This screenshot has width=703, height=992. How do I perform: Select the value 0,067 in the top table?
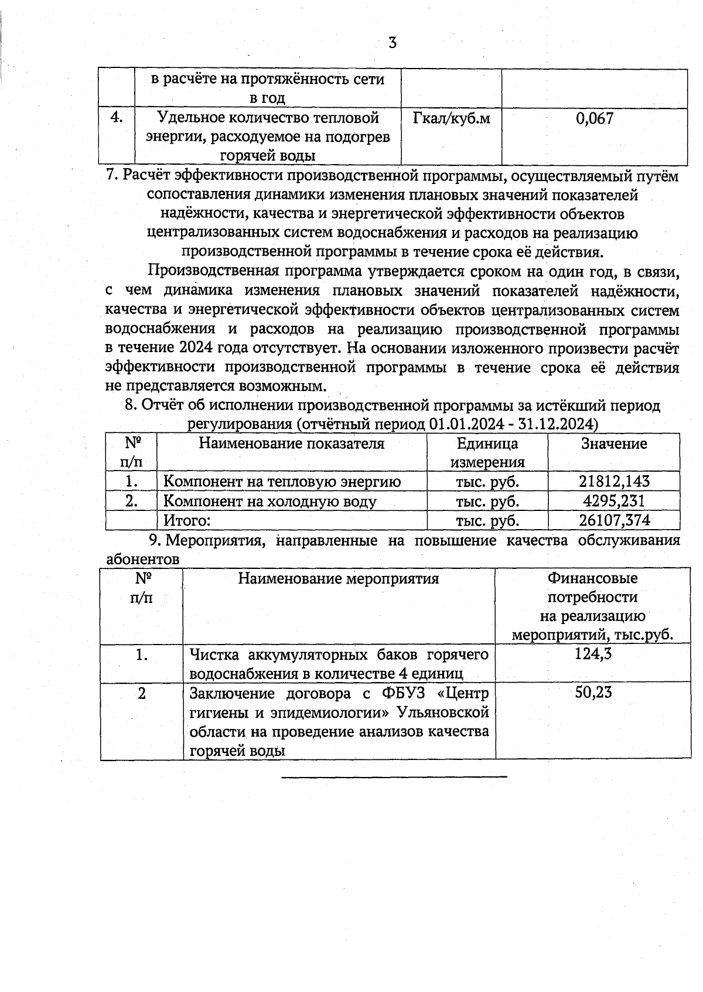[595, 119]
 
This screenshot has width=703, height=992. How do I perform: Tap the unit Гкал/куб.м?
[451, 119]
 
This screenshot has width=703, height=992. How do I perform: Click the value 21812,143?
[614, 482]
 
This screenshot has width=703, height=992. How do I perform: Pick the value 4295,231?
[614, 501]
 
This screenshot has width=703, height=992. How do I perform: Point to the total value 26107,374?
[614, 520]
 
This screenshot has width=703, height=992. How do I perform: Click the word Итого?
[186, 520]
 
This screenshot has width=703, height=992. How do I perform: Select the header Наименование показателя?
[292, 444]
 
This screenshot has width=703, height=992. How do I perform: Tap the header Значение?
[614, 444]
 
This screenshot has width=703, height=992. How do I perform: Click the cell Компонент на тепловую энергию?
[282, 482]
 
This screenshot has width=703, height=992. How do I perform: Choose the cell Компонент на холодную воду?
[269, 501]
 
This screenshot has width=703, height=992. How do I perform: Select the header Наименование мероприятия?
[338, 579]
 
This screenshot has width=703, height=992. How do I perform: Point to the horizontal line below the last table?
[394, 777]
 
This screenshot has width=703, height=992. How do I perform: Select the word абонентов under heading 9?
[142, 559]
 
